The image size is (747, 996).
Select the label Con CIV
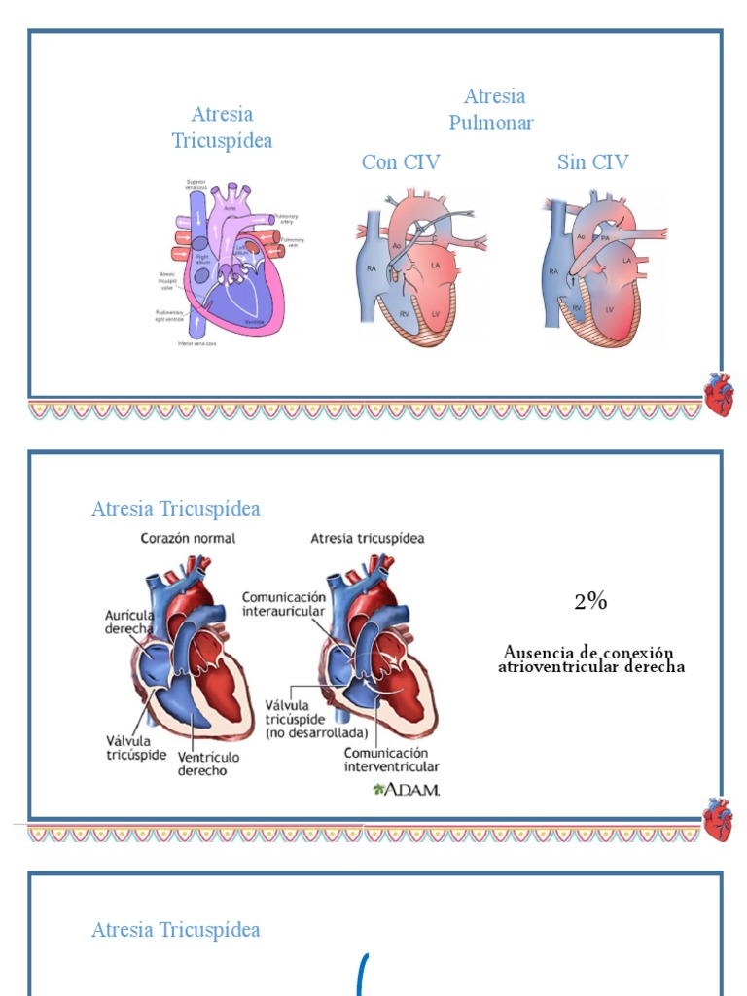tap(400, 162)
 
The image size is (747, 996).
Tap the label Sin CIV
tap(592, 162)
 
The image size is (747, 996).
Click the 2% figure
tap(590, 602)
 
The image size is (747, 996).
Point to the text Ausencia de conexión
tap(588, 652)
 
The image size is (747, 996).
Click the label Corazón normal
tap(188, 538)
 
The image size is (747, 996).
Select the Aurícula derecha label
tap(129, 622)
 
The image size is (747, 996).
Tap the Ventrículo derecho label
tap(208, 764)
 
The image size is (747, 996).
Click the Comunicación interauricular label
tap(283, 603)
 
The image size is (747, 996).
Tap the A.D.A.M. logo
tap(408, 789)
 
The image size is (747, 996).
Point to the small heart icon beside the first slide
tap(719, 395)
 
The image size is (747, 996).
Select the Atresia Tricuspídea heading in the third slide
tap(176, 930)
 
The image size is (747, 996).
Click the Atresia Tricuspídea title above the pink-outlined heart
tap(222, 127)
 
